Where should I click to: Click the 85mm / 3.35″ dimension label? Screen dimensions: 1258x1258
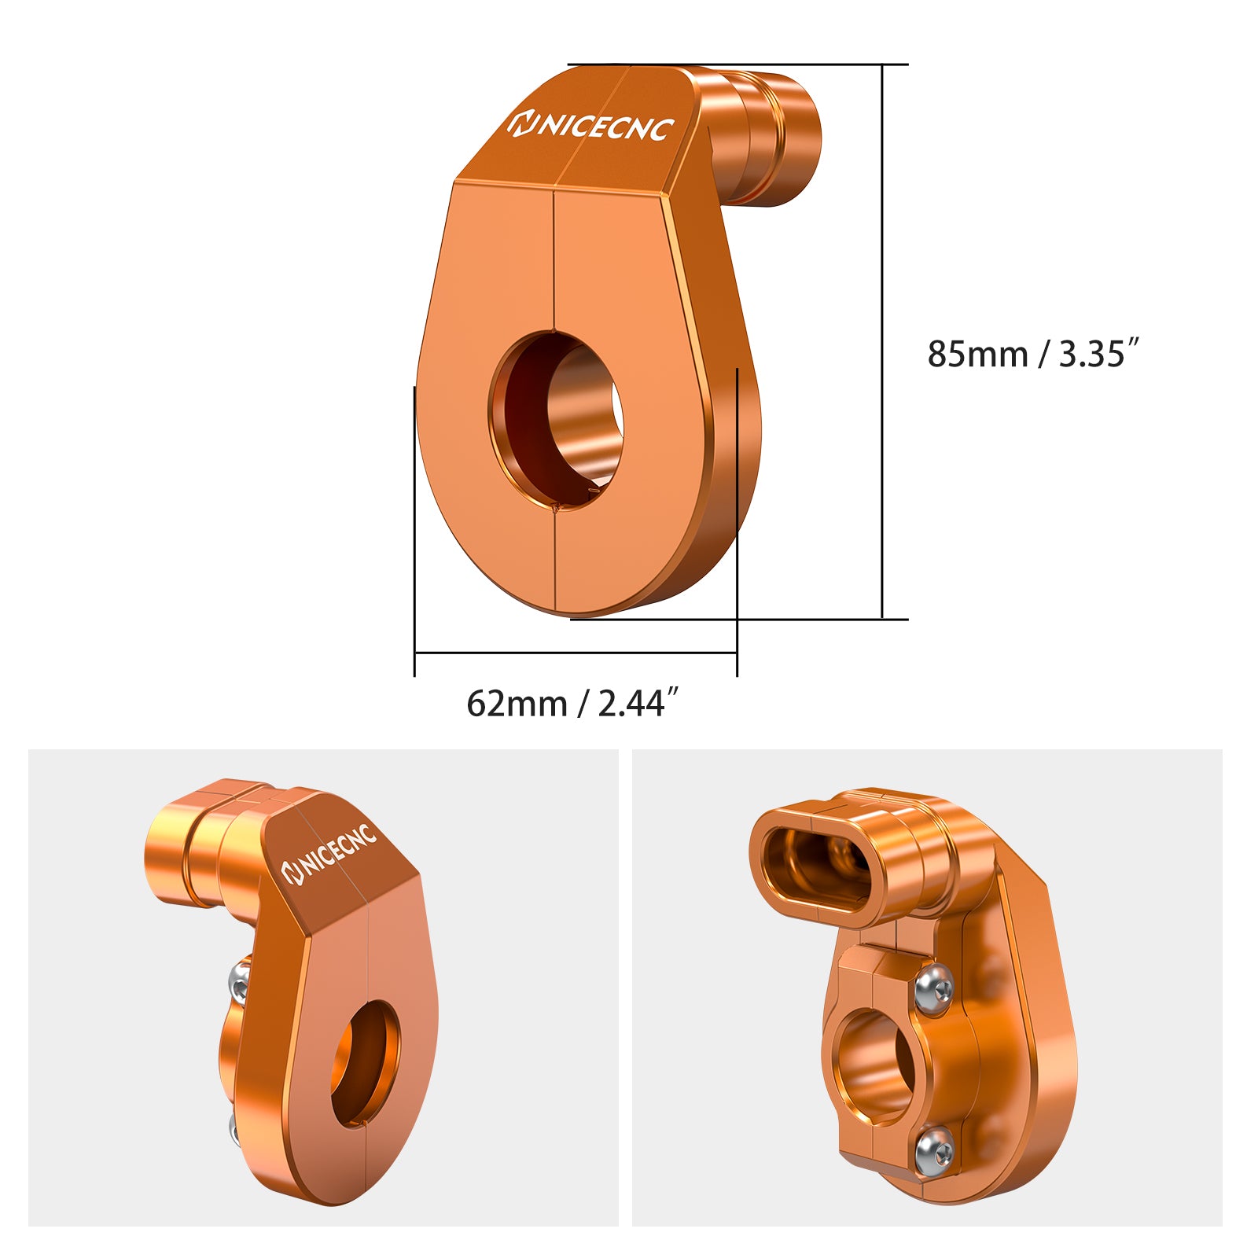[x=1032, y=354]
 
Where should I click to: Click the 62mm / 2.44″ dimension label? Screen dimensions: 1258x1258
[x=572, y=703]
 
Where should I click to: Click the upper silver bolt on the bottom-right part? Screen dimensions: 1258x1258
[x=934, y=986]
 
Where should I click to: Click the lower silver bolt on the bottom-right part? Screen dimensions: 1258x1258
[x=934, y=1150]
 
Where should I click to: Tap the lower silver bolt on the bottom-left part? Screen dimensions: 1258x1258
[x=234, y=1129]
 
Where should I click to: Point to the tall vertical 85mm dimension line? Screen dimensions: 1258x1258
[x=882, y=338]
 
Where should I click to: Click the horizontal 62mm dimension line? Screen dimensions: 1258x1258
[x=574, y=652]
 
